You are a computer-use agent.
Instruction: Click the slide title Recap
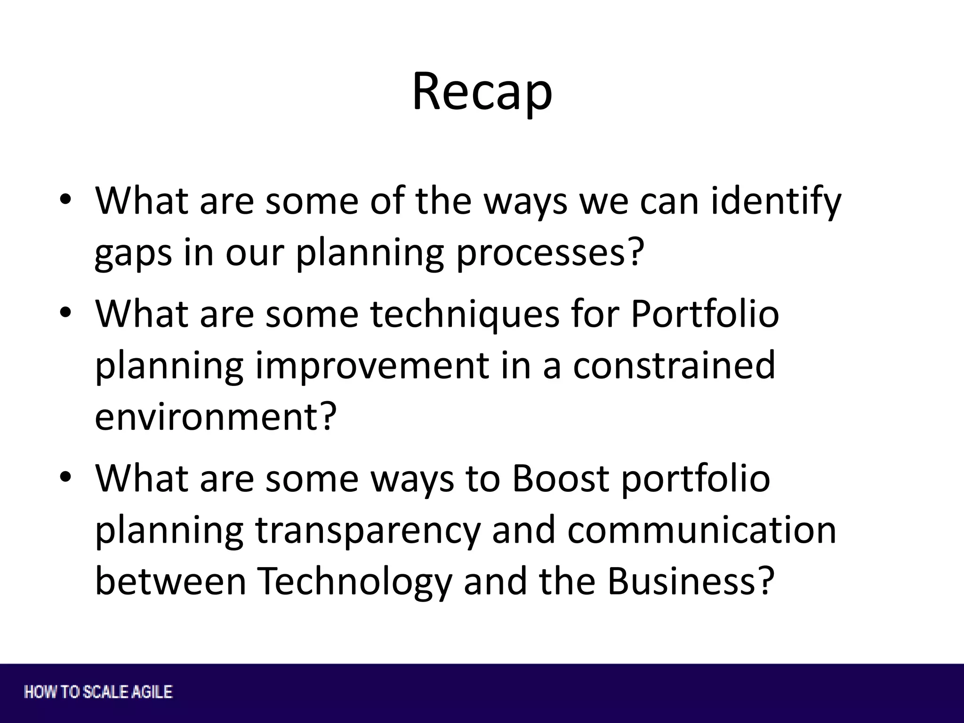tap(482, 92)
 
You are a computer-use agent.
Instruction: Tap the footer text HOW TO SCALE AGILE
tap(98, 692)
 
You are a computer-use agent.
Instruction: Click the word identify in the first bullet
tap(775, 201)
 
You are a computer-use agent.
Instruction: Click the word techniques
tap(465, 314)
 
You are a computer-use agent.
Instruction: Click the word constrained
tap(674, 366)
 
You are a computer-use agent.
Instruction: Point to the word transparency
tap(368, 530)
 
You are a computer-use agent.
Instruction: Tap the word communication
tap(701, 530)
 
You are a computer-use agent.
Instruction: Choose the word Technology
tap(354, 582)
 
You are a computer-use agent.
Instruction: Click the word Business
tap(690, 582)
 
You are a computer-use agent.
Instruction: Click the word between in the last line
tap(170, 582)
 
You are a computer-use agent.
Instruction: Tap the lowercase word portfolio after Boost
tap(695, 479)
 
